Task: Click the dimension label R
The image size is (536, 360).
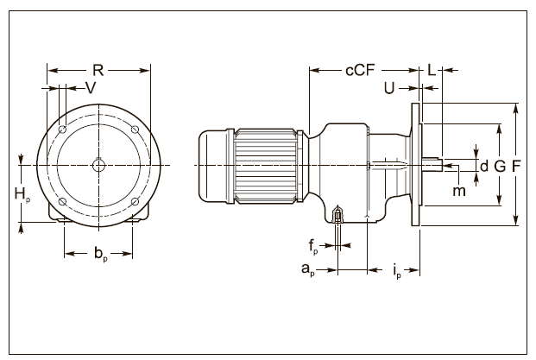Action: pos(98,70)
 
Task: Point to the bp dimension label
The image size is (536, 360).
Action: pos(101,255)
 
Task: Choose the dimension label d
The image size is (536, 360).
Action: pos(484,165)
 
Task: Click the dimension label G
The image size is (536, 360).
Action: pos(500,165)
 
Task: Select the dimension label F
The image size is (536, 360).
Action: pos(515,165)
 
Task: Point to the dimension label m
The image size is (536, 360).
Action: pos(458,189)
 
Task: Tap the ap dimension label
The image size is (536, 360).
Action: pos(306,269)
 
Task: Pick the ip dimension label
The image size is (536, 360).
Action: pos(396,271)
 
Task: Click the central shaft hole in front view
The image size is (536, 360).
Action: pos(99,165)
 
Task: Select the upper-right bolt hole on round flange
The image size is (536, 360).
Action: pos(136,129)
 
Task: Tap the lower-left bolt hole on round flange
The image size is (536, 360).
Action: pos(63,201)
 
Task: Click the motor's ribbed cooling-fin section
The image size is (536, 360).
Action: pos(264,165)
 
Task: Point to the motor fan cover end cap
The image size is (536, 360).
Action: pos(214,165)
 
